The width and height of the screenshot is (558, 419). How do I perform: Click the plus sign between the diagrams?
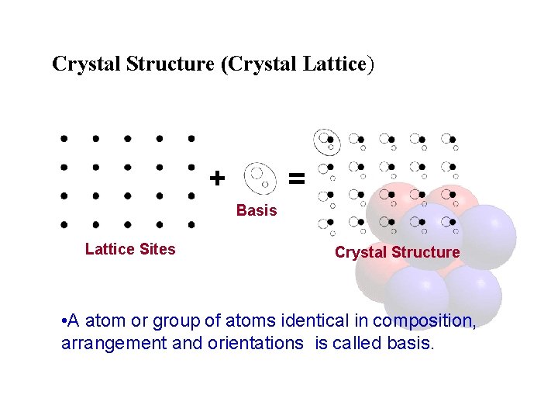[218, 178]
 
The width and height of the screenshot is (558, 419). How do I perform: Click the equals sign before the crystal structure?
[296, 178]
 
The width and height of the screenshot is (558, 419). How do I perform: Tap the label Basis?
[257, 210]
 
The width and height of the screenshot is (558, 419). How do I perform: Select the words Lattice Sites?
[130, 249]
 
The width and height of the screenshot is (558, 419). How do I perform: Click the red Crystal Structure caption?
[397, 252]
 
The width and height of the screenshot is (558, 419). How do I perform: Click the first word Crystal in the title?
[82, 64]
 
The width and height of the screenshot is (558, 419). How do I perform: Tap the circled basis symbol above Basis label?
[259, 176]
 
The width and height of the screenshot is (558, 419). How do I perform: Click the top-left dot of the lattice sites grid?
[65, 139]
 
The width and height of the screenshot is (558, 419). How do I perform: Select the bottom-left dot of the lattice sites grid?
[65, 224]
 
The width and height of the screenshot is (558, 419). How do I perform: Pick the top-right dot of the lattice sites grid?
[191, 139]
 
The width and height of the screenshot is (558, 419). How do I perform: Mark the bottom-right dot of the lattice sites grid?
[191, 224]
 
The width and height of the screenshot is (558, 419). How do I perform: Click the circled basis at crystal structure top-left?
[325, 140]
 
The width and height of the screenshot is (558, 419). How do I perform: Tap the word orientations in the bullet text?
[257, 343]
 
